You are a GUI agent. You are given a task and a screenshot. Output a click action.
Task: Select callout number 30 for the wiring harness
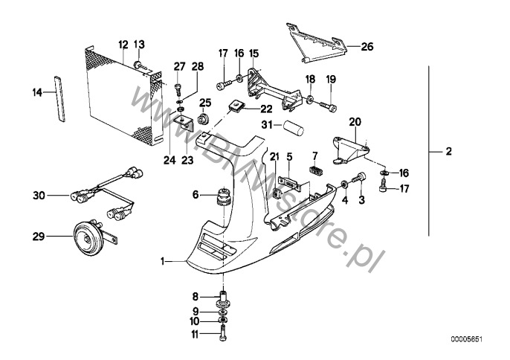point(39,196)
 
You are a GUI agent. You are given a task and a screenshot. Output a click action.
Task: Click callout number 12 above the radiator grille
point(123,44)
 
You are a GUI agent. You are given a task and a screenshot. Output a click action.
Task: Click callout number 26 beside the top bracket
point(367,47)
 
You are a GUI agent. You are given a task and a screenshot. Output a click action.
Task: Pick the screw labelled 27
point(178,90)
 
